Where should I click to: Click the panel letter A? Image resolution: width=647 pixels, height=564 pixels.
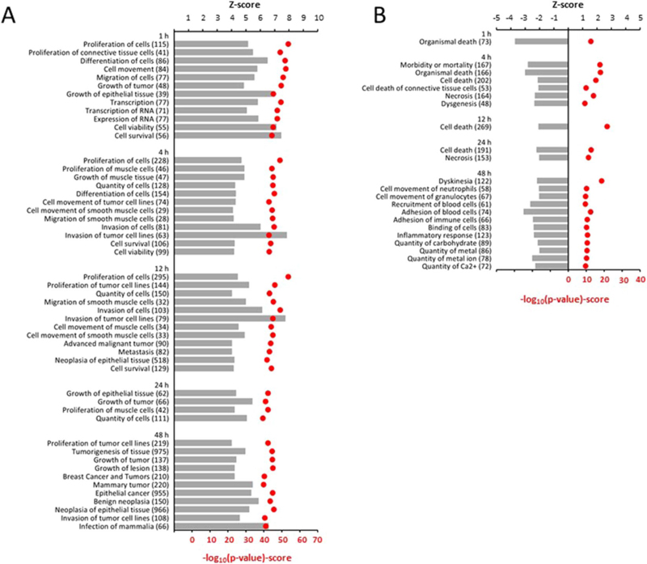[x=9, y=15]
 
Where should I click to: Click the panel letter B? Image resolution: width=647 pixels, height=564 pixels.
[x=379, y=15]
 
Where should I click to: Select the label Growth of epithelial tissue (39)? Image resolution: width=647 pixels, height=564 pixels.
[x=117, y=94]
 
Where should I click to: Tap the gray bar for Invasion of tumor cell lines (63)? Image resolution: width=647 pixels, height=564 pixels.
[x=230, y=235]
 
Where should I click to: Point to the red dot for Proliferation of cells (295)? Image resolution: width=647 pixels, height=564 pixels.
[x=288, y=277]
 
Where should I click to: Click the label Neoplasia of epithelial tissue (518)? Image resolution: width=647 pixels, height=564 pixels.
[x=112, y=360]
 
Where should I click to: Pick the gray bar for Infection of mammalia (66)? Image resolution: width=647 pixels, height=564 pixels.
[x=221, y=527]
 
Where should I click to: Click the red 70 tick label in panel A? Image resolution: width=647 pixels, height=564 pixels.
[x=317, y=540]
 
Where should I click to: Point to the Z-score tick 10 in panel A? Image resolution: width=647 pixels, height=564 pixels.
[x=319, y=18]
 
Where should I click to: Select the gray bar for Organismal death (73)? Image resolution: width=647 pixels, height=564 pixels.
[x=541, y=41]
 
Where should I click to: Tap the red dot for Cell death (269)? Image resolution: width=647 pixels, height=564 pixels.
[x=607, y=126]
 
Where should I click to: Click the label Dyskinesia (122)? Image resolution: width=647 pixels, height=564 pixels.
[x=465, y=181]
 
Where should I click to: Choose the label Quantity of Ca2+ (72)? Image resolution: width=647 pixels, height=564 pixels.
[x=456, y=267]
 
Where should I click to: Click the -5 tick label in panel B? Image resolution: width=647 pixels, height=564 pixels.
[x=497, y=18]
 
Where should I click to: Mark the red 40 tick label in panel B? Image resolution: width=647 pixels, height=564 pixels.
[x=641, y=279]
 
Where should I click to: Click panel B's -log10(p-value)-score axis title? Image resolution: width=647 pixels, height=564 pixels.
[x=565, y=299]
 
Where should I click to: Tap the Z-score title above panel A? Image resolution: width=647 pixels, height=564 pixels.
[x=245, y=5]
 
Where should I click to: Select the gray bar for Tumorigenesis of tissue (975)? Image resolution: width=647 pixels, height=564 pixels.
[x=210, y=452]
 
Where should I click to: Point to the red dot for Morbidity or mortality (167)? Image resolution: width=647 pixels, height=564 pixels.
[x=599, y=65]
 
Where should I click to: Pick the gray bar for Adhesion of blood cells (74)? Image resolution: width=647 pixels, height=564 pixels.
[x=546, y=212]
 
